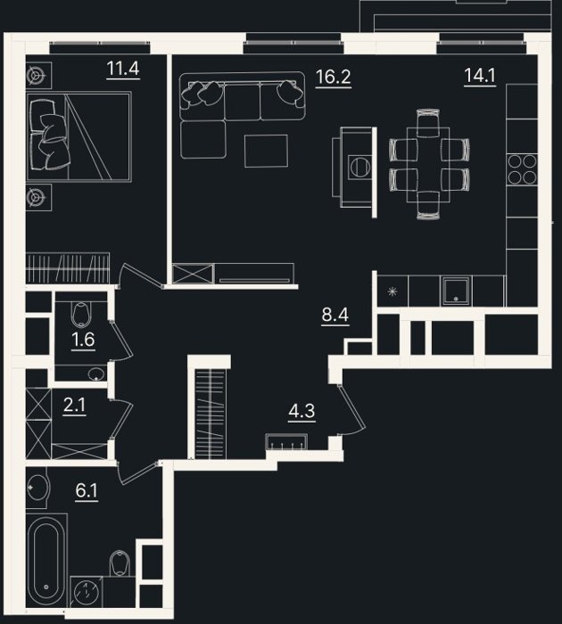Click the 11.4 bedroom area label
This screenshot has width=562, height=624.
point(123,69)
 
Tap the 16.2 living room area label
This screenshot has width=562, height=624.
point(334,77)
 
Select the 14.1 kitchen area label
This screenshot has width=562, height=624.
point(480,75)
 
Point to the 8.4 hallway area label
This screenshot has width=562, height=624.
point(335,315)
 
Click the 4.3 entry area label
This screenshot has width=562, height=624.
point(302,411)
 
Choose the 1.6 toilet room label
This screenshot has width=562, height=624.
point(83,340)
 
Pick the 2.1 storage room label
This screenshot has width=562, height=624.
point(74,406)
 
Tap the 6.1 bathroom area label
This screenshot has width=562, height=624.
point(87,490)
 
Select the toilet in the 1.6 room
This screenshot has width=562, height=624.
point(80,315)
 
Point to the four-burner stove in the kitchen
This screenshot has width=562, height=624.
point(522,169)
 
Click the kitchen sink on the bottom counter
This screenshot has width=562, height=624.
point(456,291)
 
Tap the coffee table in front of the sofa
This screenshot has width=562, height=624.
point(266,151)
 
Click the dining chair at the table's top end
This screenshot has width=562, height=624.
point(428,123)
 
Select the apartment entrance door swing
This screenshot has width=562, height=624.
point(351,409)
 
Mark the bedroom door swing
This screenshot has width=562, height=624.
point(142,274)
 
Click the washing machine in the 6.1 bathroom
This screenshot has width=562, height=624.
point(86,591)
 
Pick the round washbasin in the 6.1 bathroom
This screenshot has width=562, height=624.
point(37,487)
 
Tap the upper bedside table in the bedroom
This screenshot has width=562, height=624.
point(38,75)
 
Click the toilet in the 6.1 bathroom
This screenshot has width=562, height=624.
point(120,562)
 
